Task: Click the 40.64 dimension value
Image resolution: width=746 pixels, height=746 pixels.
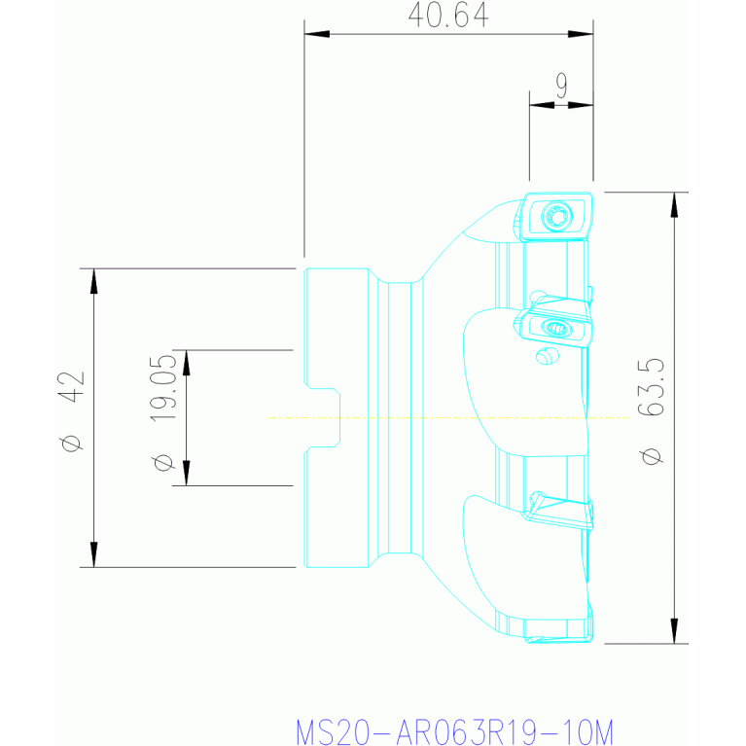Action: pyautogui.click(x=448, y=15)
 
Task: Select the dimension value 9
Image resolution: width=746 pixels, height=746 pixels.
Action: pyautogui.click(x=561, y=86)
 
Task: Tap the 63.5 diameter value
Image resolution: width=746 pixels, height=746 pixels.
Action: pyautogui.click(x=651, y=387)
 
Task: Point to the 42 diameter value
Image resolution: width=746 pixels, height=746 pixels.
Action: pyautogui.click(x=71, y=387)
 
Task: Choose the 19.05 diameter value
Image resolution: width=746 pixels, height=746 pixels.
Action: pyautogui.click(x=163, y=388)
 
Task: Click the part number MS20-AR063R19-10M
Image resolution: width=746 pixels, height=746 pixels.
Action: pyautogui.click(x=455, y=731)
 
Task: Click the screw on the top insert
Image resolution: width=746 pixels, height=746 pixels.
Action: pyautogui.click(x=556, y=217)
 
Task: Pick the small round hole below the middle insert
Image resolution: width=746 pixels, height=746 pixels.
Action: pyautogui.click(x=547, y=356)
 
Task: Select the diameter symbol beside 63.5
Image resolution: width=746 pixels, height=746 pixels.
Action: pyautogui.click(x=651, y=456)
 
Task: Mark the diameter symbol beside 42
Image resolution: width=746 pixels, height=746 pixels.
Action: pyautogui.click(x=71, y=443)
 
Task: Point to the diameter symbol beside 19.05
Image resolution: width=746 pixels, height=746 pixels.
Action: pyautogui.click(x=162, y=462)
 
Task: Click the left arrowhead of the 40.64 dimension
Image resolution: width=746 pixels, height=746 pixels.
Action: pyautogui.click(x=316, y=34)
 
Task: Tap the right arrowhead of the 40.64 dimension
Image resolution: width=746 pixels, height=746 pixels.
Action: pyautogui.click(x=581, y=34)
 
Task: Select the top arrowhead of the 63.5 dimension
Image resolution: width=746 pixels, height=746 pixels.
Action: pyautogui.click(x=674, y=205)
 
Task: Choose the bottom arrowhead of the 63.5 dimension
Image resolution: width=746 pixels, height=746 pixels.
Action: pyautogui.click(x=674, y=631)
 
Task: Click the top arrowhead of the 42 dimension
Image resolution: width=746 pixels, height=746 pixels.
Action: pyautogui.click(x=93, y=281)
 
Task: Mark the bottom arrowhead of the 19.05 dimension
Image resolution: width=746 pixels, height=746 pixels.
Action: pyautogui.click(x=187, y=473)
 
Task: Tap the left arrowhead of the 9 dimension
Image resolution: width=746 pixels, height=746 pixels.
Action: pyautogui.click(x=542, y=105)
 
